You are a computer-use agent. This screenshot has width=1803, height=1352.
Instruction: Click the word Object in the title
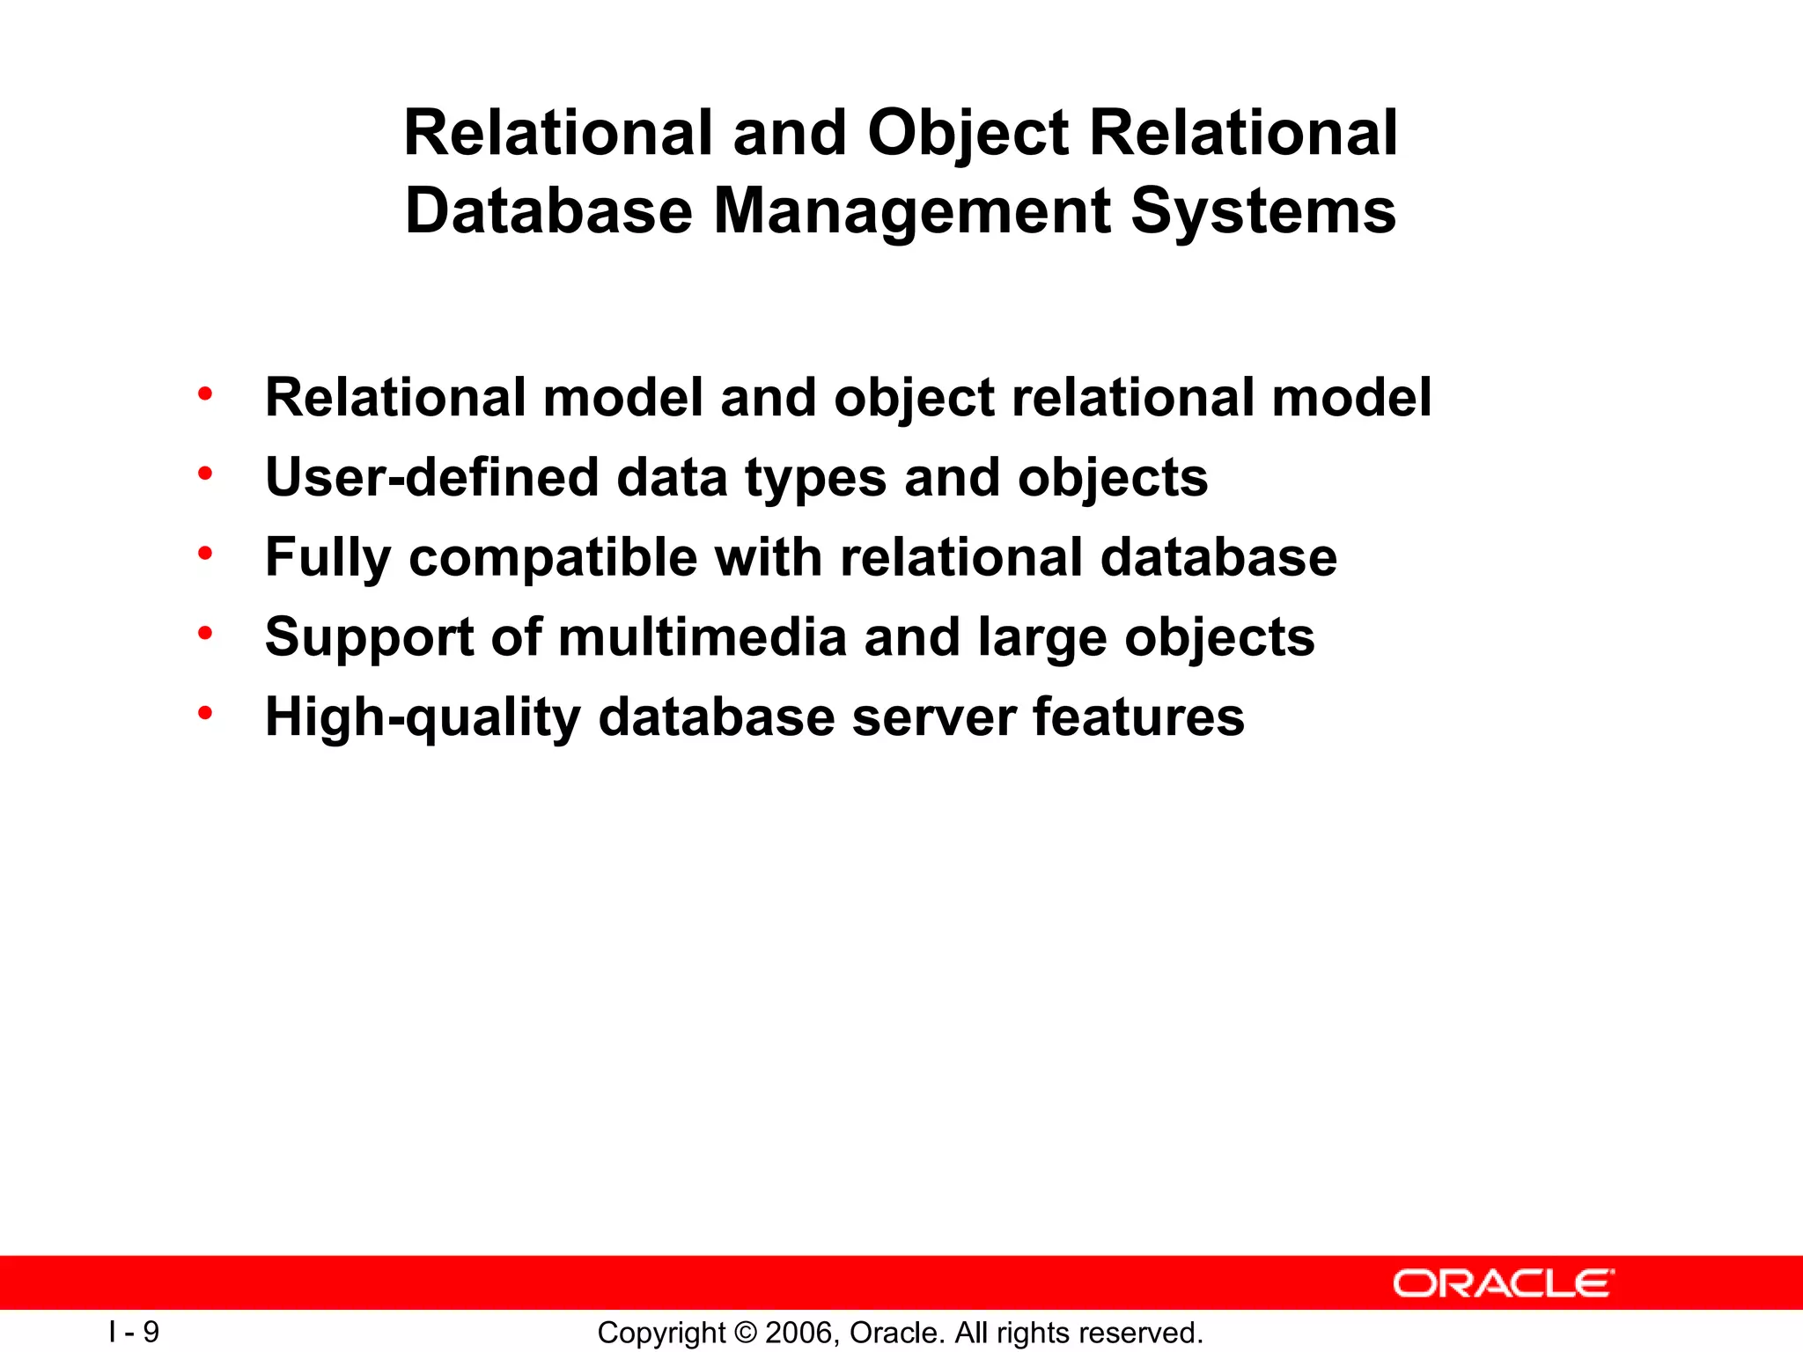tap(968, 134)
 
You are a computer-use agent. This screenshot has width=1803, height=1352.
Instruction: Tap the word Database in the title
tap(548, 211)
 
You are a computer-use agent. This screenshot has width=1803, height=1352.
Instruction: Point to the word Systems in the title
tap(1262, 211)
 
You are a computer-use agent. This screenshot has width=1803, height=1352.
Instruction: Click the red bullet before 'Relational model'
tap(205, 394)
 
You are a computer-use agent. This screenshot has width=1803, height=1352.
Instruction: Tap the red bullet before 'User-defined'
tap(205, 474)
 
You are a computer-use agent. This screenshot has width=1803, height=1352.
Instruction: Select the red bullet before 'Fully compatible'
tap(205, 555)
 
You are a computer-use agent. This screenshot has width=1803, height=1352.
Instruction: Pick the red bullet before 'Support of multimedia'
tap(205, 634)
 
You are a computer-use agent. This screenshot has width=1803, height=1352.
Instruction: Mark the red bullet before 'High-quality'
tap(205, 714)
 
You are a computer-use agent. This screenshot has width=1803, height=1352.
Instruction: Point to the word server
tap(933, 717)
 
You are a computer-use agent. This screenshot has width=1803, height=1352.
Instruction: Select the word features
tap(1138, 717)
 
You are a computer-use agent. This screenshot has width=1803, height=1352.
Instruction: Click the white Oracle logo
tap(1503, 1283)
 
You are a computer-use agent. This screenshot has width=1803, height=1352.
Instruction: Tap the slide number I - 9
tap(134, 1332)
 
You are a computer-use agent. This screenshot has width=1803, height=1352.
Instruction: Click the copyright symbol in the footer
tap(745, 1333)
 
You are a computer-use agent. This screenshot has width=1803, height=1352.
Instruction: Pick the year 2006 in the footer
tap(798, 1333)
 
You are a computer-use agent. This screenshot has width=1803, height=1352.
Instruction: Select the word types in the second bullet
tap(815, 479)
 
